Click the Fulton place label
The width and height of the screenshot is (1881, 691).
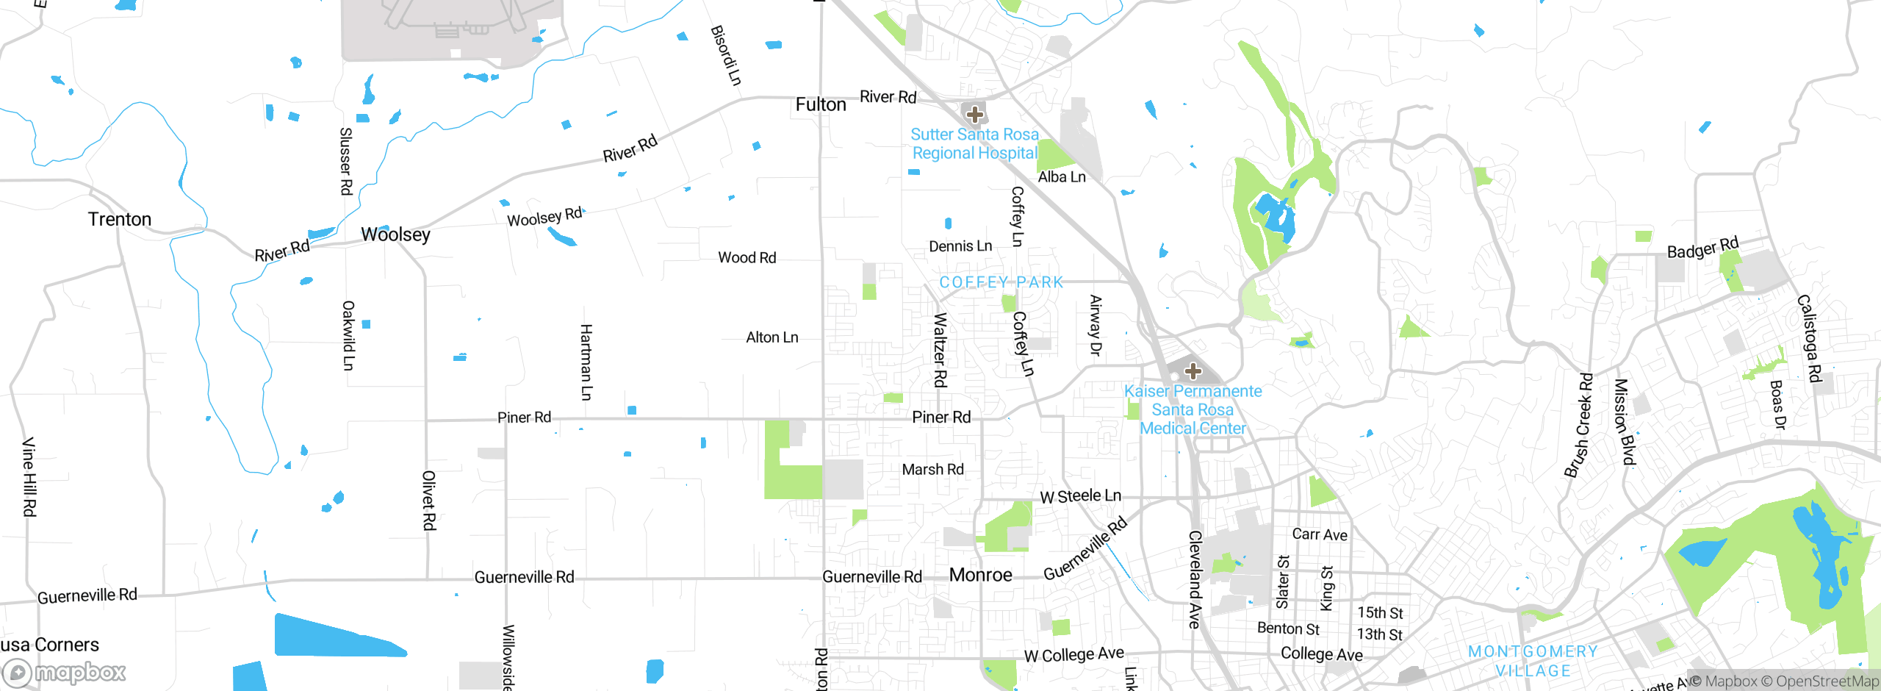coord(821,105)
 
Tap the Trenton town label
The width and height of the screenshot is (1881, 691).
coord(120,219)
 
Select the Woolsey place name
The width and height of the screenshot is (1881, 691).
coord(395,234)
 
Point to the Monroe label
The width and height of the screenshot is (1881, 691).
coord(980,575)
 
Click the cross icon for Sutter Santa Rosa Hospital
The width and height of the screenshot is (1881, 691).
coord(975,115)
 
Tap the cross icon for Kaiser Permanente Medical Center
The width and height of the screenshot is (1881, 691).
coord(1193,370)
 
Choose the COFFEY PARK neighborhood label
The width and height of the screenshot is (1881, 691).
coord(1001,282)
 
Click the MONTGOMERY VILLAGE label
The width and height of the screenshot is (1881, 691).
coord(1533,661)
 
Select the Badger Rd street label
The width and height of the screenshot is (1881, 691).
coord(1702,248)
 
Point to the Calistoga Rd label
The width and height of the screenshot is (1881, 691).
coord(1809,338)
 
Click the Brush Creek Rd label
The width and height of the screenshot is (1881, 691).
coord(1578,426)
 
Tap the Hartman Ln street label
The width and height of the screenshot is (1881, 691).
coord(586,362)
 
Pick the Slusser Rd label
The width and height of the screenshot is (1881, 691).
coord(346,161)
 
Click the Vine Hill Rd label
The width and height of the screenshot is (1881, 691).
coord(29,476)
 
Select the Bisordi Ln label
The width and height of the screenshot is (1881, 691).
coord(726,55)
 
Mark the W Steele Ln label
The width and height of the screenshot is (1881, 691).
coord(1080,497)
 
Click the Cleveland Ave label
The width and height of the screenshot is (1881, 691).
coord(1195,579)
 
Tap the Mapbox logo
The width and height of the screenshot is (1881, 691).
coord(65,672)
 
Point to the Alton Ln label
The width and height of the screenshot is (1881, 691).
coord(772,337)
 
